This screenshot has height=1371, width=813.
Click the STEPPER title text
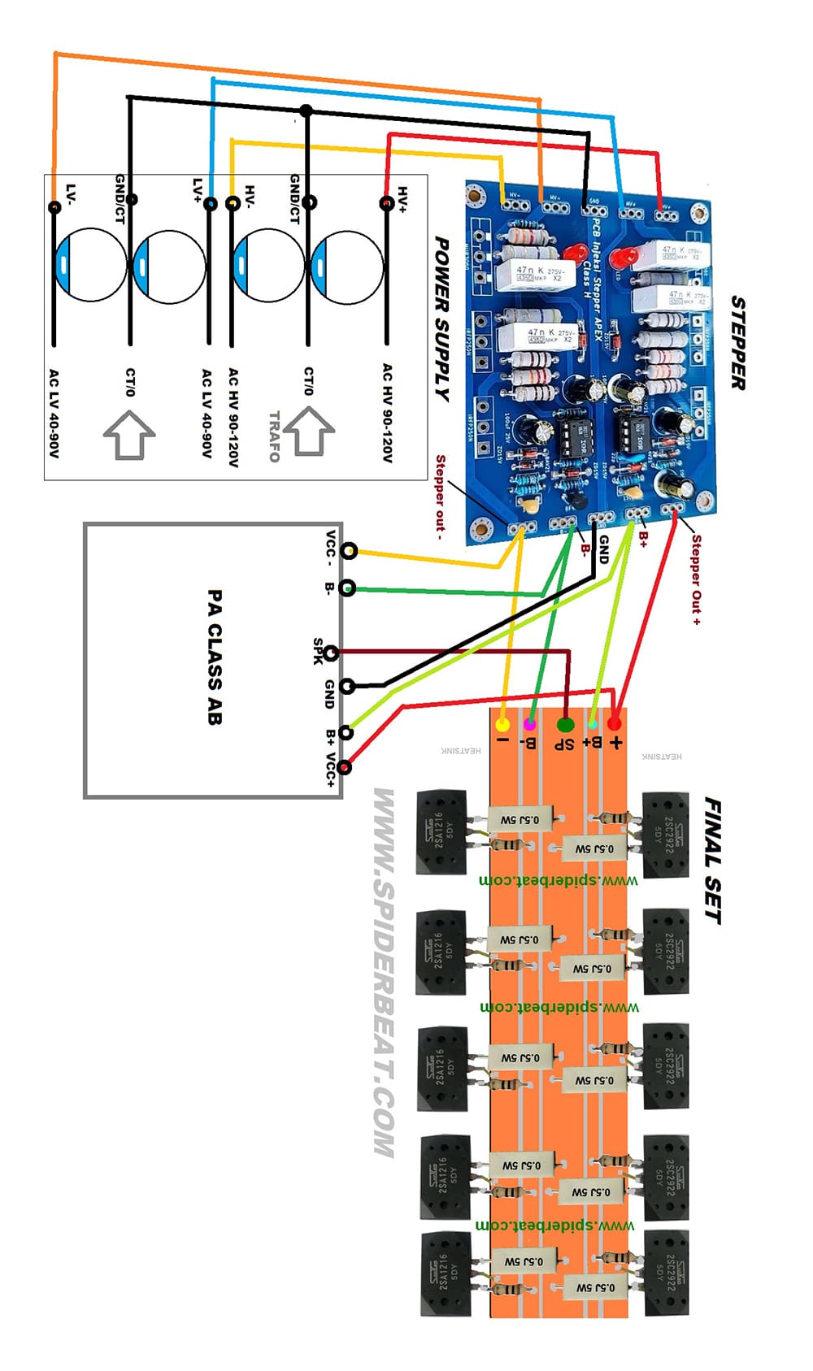737,343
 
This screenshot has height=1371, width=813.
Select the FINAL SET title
712,861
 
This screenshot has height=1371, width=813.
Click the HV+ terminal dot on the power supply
387,203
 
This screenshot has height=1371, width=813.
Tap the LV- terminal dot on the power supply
54,207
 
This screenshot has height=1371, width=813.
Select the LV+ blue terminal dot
211,203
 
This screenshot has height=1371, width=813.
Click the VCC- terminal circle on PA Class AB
349,551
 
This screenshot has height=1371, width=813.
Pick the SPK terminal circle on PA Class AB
332,652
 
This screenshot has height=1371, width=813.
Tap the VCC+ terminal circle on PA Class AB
346,767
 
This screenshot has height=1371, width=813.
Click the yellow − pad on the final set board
503,724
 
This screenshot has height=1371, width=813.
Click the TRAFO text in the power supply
274,436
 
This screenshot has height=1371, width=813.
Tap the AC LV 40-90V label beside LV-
54,413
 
